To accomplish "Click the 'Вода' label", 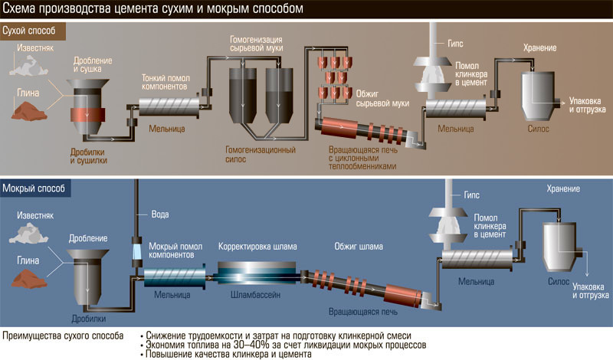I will coord(159,214).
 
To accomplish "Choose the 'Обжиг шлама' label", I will coord(359,247).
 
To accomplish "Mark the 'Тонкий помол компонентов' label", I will coord(170,82).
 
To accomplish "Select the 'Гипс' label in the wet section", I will coord(472,195).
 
